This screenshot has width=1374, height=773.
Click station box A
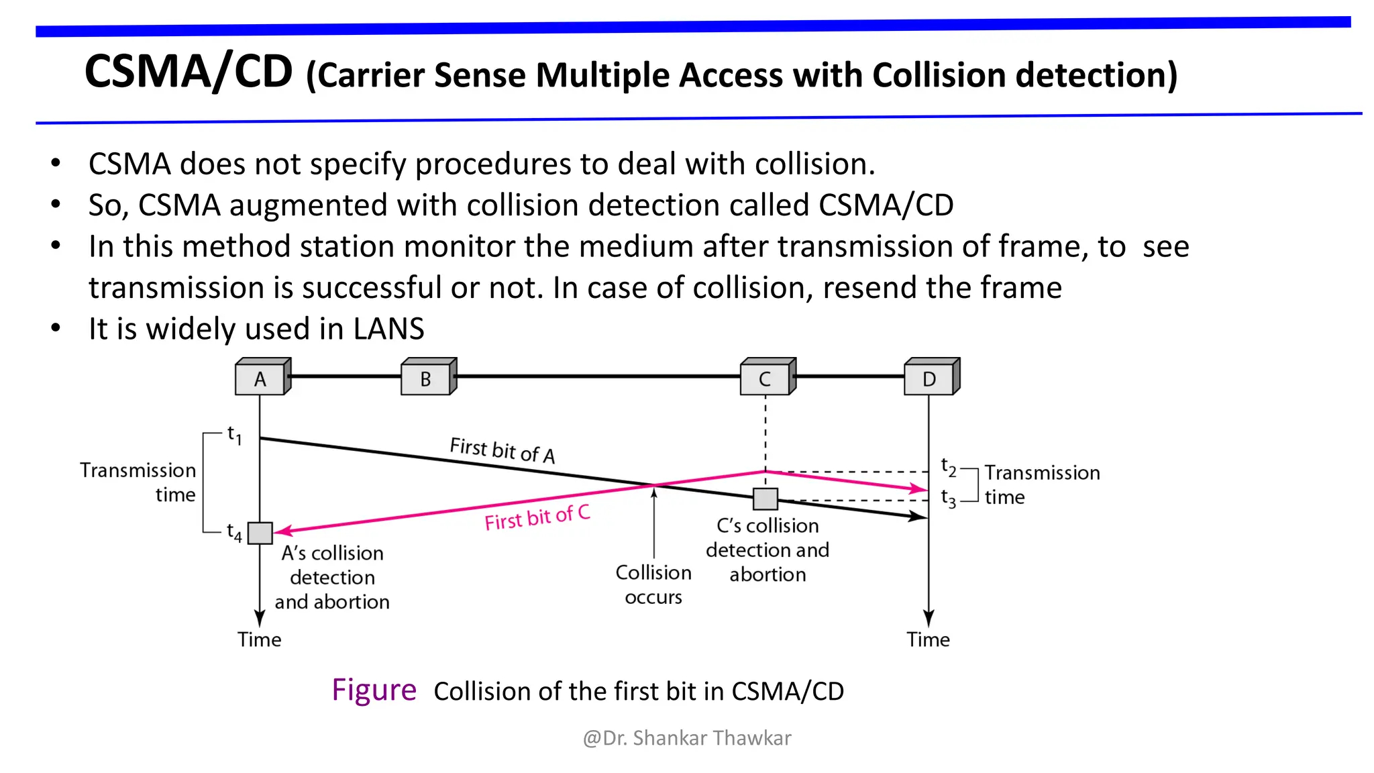point(260,378)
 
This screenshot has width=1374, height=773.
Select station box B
point(426,378)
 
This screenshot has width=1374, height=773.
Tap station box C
point(765,378)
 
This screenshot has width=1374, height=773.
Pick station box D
point(929,378)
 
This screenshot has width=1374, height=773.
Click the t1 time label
point(234,435)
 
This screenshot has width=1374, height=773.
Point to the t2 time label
point(948,466)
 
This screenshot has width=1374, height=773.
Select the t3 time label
point(948,498)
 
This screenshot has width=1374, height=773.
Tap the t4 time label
point(234,533)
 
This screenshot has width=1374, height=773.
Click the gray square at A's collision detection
point(260,533)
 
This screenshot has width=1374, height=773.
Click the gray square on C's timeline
point(765,499)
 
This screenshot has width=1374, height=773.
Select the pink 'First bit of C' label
point(537,517)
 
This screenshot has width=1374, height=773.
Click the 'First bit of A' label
point(503,450)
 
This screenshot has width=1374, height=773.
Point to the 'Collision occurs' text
point(653,584)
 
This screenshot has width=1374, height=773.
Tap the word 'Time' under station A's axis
point(259,639)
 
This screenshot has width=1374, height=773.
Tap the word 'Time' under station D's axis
point(928,639)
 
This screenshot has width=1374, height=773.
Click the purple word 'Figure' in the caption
point(374,690)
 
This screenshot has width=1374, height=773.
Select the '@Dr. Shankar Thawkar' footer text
point(687,738)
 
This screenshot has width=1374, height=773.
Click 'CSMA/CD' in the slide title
point(189,72)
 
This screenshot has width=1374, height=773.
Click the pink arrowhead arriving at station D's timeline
point(920,489)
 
